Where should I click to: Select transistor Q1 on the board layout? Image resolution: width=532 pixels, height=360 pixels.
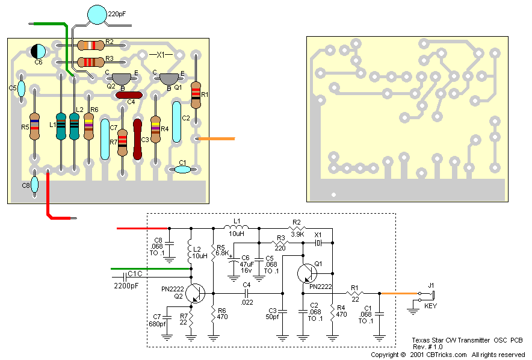(168, 78)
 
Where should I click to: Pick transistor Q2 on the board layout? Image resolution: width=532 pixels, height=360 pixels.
(122, 78)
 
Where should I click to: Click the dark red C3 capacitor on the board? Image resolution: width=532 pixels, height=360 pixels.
(137, 139)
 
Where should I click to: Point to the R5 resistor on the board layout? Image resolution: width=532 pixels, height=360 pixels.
(34, 127)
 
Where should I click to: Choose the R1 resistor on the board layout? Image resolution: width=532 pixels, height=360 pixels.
(196, 94)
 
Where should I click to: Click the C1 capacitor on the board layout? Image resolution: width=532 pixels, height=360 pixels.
(182, 170)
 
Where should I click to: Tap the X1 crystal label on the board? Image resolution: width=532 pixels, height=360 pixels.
(161, 55)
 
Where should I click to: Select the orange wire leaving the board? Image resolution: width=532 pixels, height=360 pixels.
(217, 139)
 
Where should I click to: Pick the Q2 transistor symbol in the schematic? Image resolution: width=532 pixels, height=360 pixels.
(195, 294)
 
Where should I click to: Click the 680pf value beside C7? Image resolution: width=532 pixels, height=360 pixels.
(158, 324)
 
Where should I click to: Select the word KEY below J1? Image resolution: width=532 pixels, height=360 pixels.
(431, 306)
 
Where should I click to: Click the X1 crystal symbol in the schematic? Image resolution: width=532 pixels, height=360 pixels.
(318, 243)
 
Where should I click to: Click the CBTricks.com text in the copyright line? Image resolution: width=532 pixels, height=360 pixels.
(446, 355)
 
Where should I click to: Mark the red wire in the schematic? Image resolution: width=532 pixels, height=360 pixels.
(142, 229)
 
